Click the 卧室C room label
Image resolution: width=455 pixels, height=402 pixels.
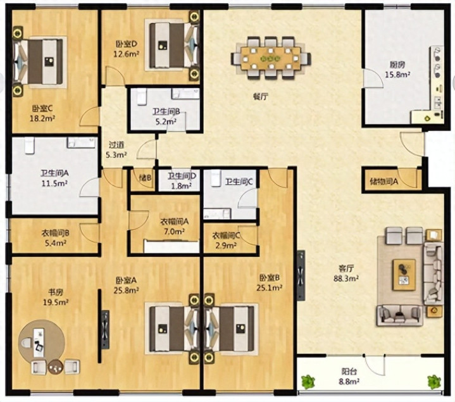pyautogui.click(x=42, y=109)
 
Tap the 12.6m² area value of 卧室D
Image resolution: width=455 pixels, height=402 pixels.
pyautogui.click(x=126, y=54)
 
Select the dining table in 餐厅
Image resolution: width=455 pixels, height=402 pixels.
pyautogui.click(x=271, y=58)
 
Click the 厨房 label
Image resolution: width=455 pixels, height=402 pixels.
pyautogui.click(x=397, y=65)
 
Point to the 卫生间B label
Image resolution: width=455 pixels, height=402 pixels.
pyautogui.click(x=166, y=111)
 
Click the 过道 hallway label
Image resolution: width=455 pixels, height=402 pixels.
pyautogui.click(x=116, y=145)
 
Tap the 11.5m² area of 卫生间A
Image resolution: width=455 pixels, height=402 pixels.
pyautogui.click(x=54, y=184)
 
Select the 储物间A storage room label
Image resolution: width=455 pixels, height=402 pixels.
pyautogui.click(x=384, y=182)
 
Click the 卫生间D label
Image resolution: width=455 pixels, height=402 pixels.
pyautogui.click(x=182, y=176)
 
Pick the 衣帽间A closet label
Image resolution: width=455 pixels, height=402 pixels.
pyautogui.click(x=175, y=222)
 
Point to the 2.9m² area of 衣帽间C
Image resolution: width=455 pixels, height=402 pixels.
pyautogui.click(x=225, y=246)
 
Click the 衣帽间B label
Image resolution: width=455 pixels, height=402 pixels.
pyautogui.click(x=55, y=233)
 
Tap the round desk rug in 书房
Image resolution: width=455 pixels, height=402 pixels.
pyautogui.click(x=41, y=342)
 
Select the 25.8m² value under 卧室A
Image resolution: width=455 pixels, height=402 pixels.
pyautogui.click(x=126, y=290)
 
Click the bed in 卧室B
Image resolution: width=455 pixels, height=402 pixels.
pyautogui.click(x=231, y=329)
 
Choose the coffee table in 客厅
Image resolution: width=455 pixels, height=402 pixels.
pyautogui.click(x=404, y=275)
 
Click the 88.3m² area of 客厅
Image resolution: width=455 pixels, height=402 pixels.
pyautogui.click(x=346, y=279)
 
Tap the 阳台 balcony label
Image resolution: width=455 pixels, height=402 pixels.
pyautogui.click(x=349, y=371)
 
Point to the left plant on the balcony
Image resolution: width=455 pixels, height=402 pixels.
pyautogui.click(x=308, y=382)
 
